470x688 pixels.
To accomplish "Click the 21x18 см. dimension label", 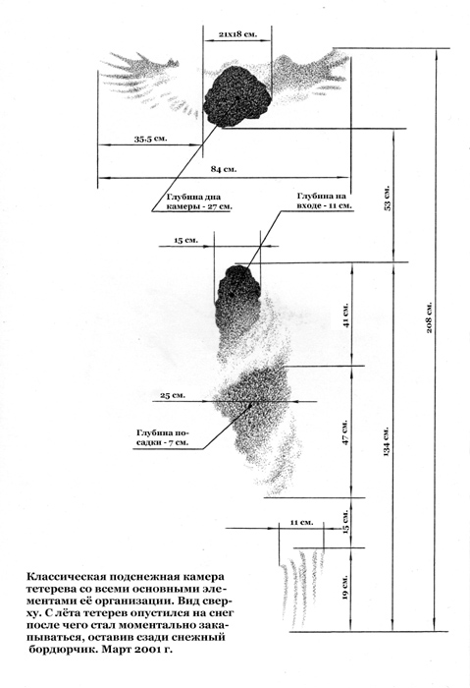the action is click(x=237, y=33).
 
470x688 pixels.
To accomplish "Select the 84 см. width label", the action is click(x=224, y=169).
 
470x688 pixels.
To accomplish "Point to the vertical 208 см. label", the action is click(x=429, y=316).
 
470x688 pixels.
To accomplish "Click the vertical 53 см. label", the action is click(x=388, y=199).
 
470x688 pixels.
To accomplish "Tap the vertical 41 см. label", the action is click(x=346, y=315).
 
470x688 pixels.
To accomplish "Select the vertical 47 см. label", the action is click(x=346, y=433).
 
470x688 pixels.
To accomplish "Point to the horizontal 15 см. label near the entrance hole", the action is click(x=186, y=240).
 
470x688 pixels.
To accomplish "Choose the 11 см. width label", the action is click(x=301, y=522).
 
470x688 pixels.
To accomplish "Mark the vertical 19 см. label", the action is click(x=345, y=588).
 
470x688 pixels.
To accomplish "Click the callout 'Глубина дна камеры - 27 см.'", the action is click(x=199, y=201).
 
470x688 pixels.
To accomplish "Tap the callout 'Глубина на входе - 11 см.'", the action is click(x=325, y=201).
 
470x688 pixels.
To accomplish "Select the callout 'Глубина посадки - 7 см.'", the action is click(x=163, y=437).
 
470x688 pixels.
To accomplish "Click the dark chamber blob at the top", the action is click(x=236, y=95).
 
